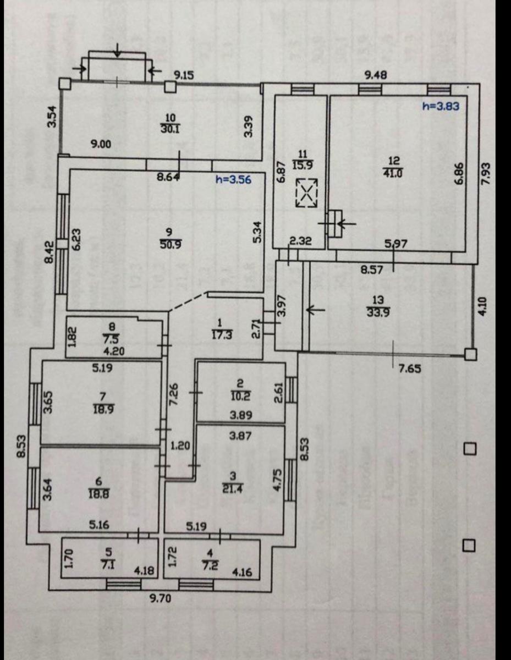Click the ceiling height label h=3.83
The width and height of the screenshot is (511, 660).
441,106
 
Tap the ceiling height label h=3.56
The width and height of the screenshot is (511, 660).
233,179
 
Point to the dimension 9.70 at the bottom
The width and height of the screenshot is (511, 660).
160,599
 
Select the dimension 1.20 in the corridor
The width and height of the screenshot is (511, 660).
180,446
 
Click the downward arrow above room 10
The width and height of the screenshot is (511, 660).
118,51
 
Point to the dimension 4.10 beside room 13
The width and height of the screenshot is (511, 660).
482,306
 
